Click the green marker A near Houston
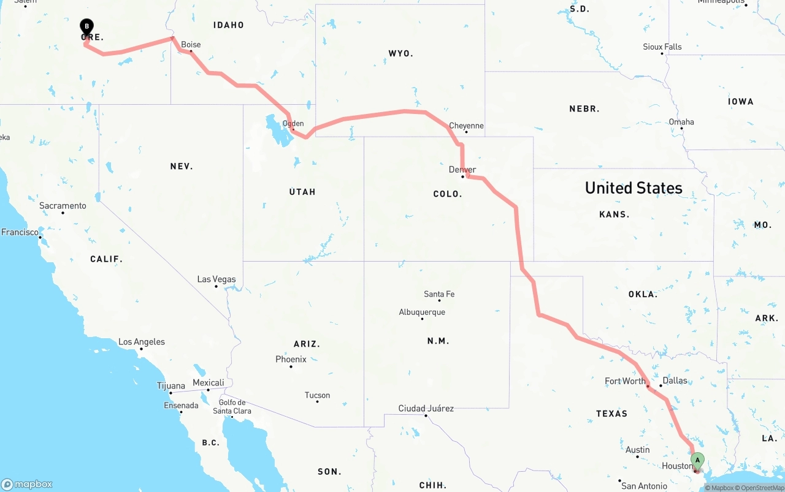tap(697, 460)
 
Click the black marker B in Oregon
tap(87, 26)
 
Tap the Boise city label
tap(191, 45)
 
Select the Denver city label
tap(462, 170)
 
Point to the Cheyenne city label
tap(466, 126)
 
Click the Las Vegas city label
tap(216, 279)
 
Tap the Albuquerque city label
tap(422, 312)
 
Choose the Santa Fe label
tap(439, 294)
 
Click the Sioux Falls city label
tap(662, 47)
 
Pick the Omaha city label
tap(681, 122)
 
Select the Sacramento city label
tap(63, 206)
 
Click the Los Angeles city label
tap(142, 342)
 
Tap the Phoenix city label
tap(291, 359)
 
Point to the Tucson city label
tap(317, 395)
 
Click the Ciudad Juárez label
tap(426, 408)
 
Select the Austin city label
tap(638, 450)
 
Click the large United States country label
tap(634, 187)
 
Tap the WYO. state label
tap(400, 54)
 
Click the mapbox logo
tap(27, 484)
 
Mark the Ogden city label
tap(293, 123)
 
